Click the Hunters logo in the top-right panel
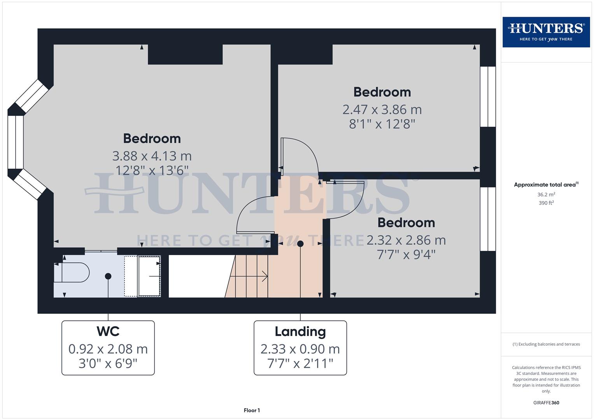coord(546,32)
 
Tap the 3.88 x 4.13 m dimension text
coord(152,156)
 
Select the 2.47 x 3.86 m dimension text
coord(382,110)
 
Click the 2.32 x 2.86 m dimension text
coord(406,240)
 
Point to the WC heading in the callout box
coord(108,331)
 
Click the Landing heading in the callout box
coord(300,332)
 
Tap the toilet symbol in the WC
coord(74,272)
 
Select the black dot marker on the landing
coord(300,244)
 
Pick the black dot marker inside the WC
coord(108,276)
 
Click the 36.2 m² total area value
coord(546,194)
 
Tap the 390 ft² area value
coord(546,203)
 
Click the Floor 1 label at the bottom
coord(252,410)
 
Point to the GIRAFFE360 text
coord(546,402)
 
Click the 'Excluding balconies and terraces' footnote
coord(546,344)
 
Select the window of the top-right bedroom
coord(488,96)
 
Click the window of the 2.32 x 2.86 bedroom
coord(488,219)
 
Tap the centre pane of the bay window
coord(16,142)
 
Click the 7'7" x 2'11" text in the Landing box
coord(300,364)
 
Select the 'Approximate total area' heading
coord(545,185)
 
